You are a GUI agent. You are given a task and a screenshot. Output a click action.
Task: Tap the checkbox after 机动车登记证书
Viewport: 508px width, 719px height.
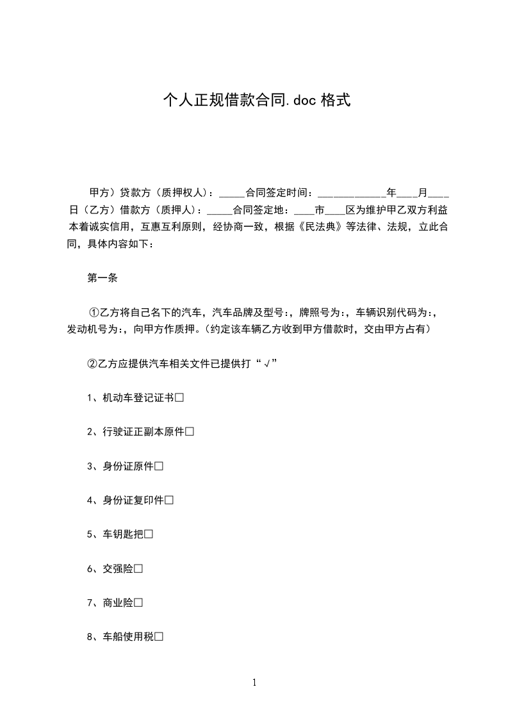[179, 398]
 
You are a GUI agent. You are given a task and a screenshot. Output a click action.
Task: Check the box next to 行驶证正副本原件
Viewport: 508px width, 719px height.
[190, 432]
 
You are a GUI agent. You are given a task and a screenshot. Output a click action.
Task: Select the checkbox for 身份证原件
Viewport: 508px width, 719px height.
[159, 466]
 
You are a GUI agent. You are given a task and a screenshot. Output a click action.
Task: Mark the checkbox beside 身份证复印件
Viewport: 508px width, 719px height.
[169, 500]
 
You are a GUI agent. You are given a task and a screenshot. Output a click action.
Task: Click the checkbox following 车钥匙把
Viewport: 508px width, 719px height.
[149, 534]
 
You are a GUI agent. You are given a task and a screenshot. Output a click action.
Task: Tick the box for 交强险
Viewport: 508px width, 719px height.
[138, 568]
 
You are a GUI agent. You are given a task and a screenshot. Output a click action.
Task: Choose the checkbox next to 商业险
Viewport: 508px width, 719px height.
[138, 602]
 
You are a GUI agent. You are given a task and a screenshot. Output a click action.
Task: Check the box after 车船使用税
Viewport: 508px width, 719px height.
[159, 636]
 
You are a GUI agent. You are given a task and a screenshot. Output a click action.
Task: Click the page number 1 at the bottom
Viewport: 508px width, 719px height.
[254, 682]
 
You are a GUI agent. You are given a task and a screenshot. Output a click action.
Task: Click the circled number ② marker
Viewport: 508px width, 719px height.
[93, 363]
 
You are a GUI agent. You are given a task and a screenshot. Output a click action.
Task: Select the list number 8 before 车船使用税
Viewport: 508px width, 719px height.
[90, 636]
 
